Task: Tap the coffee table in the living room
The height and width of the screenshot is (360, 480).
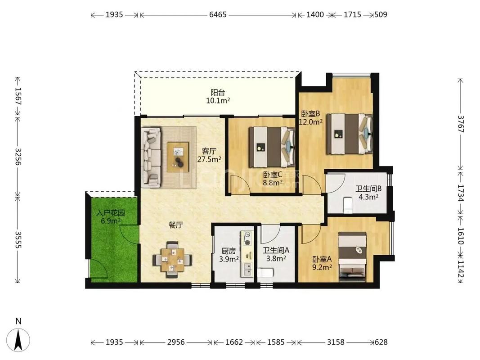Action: (x=178, y=157)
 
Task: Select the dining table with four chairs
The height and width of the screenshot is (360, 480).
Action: (x=173, y=260)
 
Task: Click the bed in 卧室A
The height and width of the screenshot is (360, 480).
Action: (x=352, y=256)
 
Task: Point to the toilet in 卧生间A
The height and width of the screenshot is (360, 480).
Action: (x=265, y=272)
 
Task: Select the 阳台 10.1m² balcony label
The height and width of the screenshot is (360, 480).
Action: (x=218, y=96)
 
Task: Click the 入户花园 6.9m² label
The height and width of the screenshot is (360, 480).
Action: (x=111, y=217)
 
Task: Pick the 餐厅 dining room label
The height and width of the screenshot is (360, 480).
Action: (x=176, y=225)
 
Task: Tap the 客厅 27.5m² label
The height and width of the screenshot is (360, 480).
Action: (x=209, y=155)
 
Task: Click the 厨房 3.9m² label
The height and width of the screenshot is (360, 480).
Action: (x=229, y=255)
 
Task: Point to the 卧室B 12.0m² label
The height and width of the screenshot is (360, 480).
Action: (x=311, y=117)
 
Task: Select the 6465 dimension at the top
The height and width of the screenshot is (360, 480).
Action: (x=218, y=14)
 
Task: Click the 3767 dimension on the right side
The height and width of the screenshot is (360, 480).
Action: (x=460, y=124)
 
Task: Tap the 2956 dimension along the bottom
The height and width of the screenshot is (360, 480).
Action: (x=176, y=342)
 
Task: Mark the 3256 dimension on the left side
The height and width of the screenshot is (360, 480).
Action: (x=18, y=157)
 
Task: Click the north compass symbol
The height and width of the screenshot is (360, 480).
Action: (x=19, y=339)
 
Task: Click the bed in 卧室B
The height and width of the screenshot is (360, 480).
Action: (x=349, y=134)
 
